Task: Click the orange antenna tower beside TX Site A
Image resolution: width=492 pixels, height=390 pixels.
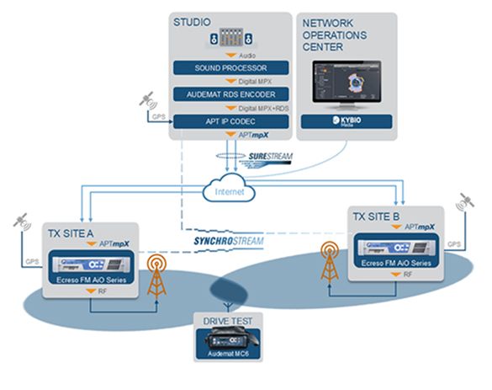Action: pos(157,273)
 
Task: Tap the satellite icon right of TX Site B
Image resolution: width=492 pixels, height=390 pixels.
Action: pos(463,205)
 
